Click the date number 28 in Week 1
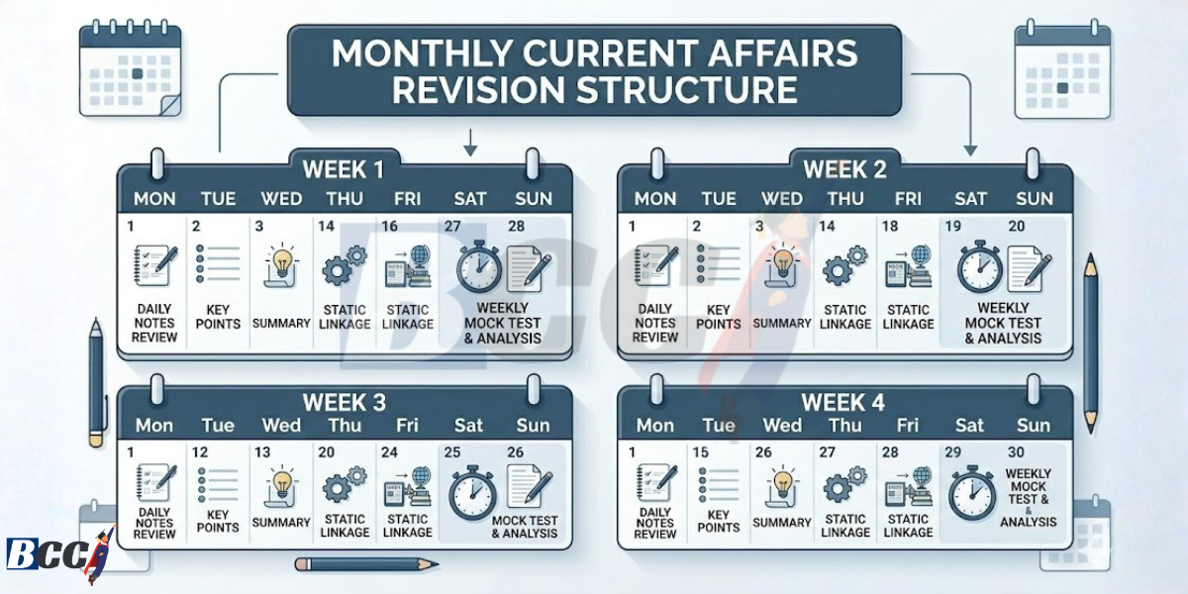coord(517,227)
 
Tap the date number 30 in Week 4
coord(1017,452)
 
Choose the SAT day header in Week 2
coord(970,199)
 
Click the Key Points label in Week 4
coord(719,521)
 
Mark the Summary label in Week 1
coord(281,324)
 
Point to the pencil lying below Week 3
coord(366,564)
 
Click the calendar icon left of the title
coord(132,68)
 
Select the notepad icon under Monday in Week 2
coord(654,266)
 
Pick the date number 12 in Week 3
coord(199,452)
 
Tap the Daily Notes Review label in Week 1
coord(155,324)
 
